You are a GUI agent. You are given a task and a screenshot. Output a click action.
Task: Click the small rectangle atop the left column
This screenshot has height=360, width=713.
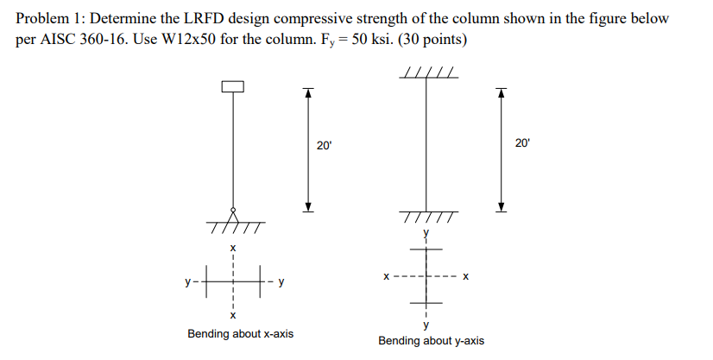tap(232, 86)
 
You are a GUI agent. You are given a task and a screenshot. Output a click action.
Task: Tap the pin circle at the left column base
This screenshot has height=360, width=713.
tap(232, 212)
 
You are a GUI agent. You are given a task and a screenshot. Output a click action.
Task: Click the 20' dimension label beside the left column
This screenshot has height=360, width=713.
tap(323, 146)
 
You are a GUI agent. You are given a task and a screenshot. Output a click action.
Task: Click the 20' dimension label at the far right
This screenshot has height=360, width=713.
tap(524, 142)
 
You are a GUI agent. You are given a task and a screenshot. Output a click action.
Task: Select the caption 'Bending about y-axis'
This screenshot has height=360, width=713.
tap(431, 341)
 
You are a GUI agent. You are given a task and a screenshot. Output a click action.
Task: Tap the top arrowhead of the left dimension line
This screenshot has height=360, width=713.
tap(305, 91)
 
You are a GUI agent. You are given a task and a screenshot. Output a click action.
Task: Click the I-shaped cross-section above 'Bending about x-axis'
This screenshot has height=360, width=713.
tap(231, 281)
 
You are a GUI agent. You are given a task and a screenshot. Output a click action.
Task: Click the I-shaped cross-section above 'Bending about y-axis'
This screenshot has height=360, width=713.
tap(426, 276)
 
